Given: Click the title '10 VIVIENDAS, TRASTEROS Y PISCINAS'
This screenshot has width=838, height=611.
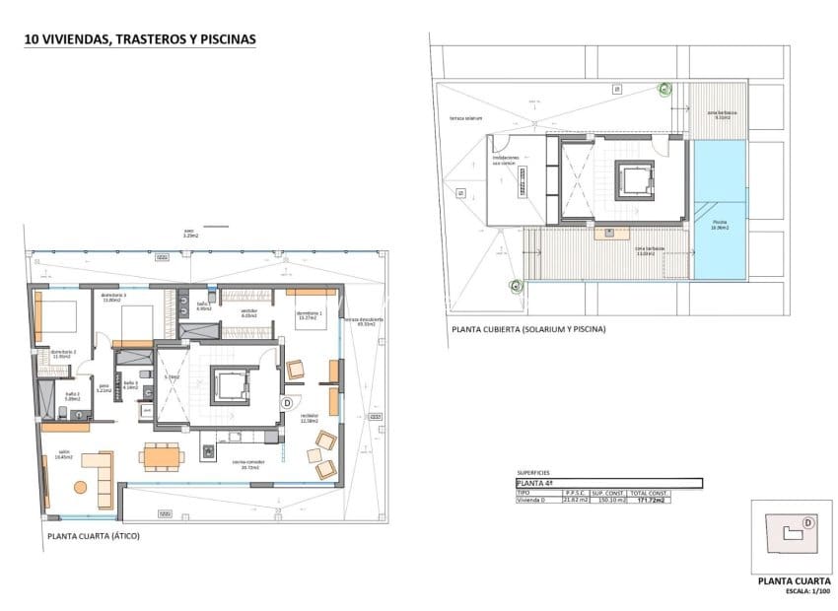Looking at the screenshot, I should pos(139,39).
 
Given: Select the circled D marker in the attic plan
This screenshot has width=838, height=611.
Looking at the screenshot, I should pos(287,402).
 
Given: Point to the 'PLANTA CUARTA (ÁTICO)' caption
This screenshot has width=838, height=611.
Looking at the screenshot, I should pos(94,536).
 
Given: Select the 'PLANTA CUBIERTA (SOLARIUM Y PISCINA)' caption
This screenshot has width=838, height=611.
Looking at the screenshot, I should pos(527,328).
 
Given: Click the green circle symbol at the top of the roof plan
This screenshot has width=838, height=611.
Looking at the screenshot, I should pos(665,89).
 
